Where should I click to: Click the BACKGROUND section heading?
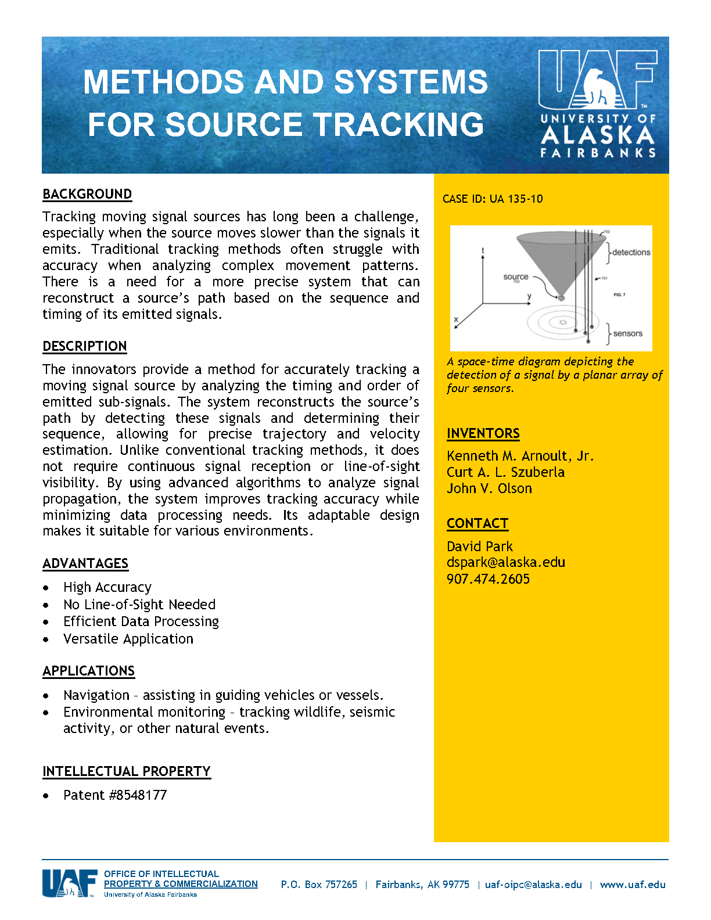tap(87, 194)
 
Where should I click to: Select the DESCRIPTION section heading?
tap(85, 346)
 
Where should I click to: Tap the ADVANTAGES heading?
tap(85, 563)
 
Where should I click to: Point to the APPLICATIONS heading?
tap(88, 671)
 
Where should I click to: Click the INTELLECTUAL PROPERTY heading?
tap(126, 771)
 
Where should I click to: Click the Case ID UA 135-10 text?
tap(493, 199)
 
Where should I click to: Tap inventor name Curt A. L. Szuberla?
tap(505, 472)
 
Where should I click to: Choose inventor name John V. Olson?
tap(489, 488)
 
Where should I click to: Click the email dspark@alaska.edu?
tap(505, 562)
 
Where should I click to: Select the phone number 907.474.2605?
tap(488, 579)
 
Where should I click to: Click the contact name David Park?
tap(480, 547)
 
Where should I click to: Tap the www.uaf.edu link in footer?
tap(633, 885)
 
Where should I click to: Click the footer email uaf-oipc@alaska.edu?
tap(533, 885)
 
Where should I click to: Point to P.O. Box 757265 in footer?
tap(319, 885)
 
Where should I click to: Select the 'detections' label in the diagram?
tap(631, 252)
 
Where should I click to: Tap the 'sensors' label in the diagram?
tap(627, 333)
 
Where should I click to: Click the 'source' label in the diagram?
tap(516, 277)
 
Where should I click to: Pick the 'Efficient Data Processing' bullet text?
tap(141, 621)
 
